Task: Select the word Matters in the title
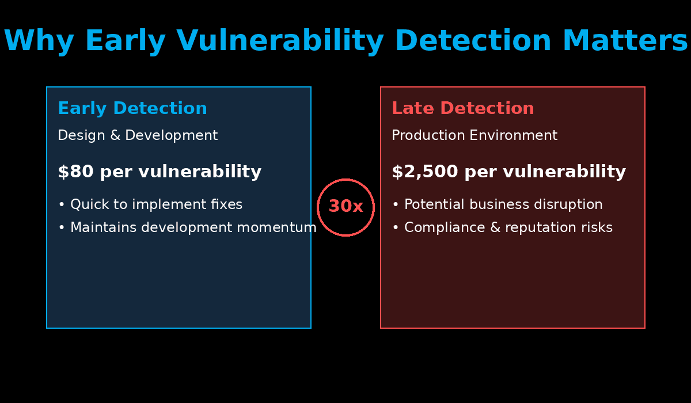point(625,40)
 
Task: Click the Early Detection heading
point(132,108)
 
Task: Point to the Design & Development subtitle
point(138,135)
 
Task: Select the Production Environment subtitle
point(474,135)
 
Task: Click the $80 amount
point(75,172)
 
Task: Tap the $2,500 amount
point(425,172)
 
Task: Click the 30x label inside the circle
point(346,206)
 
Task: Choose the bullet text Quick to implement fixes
point(157,204)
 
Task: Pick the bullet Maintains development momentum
point(193,227)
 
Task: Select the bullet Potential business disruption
point(503,204)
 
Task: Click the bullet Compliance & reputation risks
point(508,227)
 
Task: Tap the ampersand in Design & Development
point(115,136)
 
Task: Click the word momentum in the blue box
point(276,227)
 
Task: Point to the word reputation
point(541,228)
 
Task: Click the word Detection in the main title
point(473,40)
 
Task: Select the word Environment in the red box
point(514,135)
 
